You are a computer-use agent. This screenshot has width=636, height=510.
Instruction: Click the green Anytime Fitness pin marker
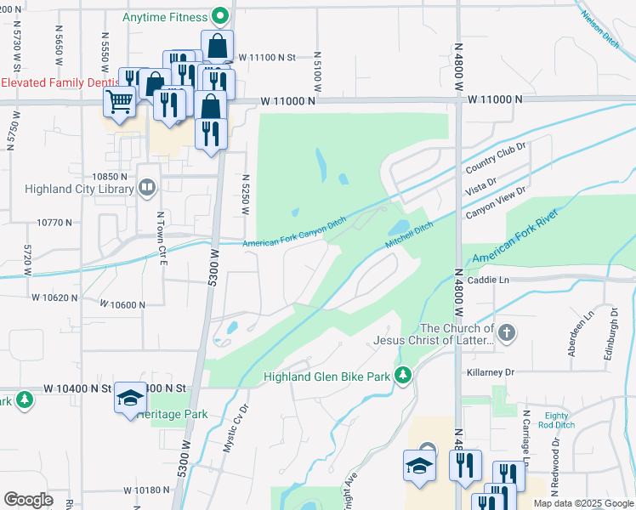pyautogui.click(x=220, y=16)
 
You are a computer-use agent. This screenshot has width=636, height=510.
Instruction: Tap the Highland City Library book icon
pyautogui.click(x=148, y=187)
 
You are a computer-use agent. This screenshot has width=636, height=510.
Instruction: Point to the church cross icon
pyautogui.click(x=506, y=332)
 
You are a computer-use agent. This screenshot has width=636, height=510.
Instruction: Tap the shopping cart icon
pyautogui.click(x=119, y=102)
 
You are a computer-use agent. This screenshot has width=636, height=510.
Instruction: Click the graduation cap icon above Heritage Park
pyautogui.click(x=130, y=398)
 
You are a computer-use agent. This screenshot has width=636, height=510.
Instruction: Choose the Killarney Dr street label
pyautogui.click(x=491, y=372)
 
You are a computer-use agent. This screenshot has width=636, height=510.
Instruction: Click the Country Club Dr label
pyautogui.click(x=497, y=156)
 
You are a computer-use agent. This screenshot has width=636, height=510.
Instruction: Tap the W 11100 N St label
pyautogui.click(x=266, y=58)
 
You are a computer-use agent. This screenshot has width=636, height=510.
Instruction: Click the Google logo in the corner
pyautogui.click(x=28, y=500)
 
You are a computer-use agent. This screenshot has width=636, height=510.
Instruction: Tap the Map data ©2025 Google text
pyautogui.click(x=583, y=503)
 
